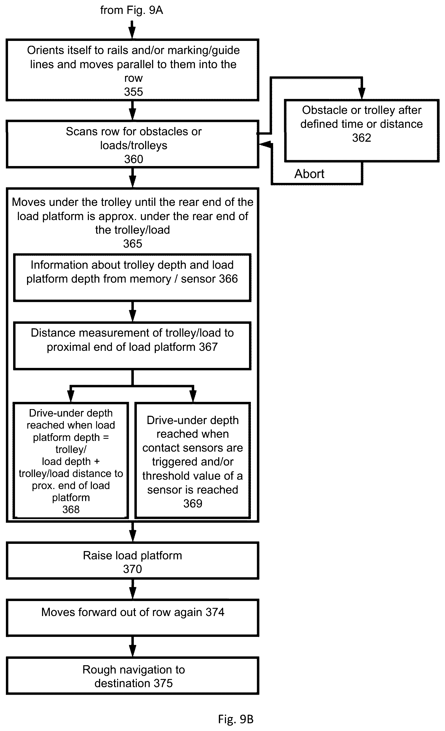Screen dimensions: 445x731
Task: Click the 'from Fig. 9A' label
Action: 131,10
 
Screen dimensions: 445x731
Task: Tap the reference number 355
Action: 133,92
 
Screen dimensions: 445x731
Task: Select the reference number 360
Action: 133,159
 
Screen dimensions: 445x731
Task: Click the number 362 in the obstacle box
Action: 361,138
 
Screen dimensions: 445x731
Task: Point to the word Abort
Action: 309,174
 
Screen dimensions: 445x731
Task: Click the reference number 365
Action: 133,244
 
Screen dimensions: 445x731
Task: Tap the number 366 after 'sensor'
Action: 228,279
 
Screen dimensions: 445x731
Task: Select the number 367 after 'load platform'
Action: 208,347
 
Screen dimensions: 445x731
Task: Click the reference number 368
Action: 71,509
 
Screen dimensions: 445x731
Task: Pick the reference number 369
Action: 193,503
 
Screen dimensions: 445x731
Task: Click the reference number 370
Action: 133,569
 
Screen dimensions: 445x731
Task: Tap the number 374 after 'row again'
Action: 215,612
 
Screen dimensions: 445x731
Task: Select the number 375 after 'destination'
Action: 163,683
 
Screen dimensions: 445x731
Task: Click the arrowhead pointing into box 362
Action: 361,94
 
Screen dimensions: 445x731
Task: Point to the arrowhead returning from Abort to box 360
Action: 265,144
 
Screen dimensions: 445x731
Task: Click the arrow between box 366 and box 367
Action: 133,311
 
